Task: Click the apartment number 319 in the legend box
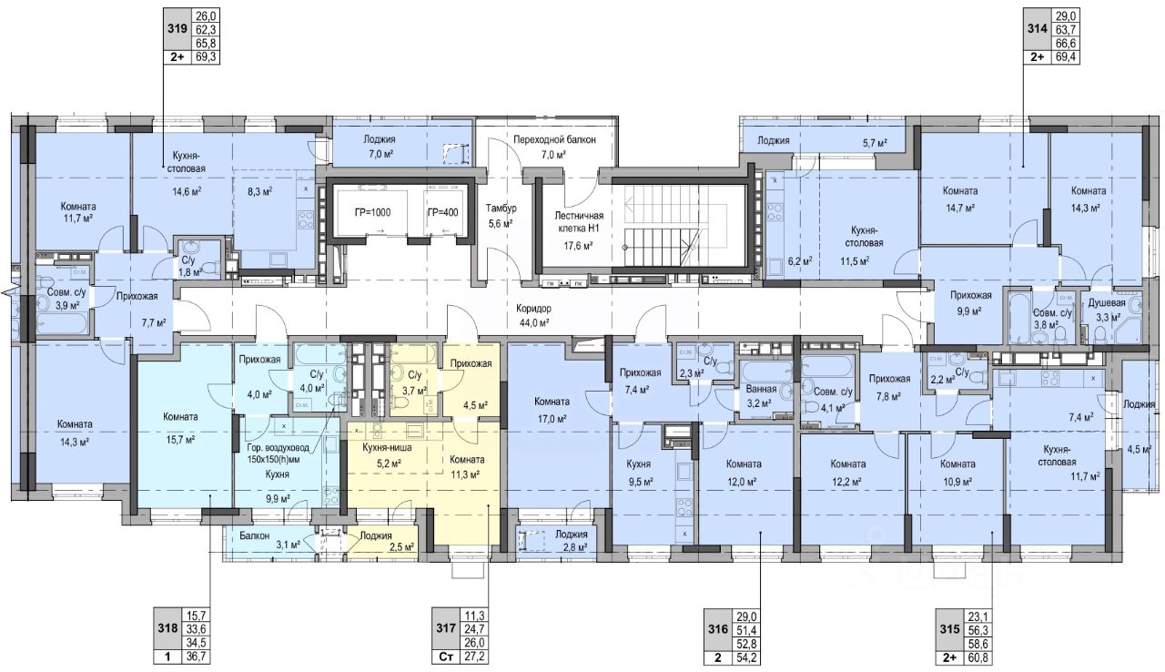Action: point(177,28)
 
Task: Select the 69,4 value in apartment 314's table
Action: point(1066,57)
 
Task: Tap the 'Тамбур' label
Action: point(501,209)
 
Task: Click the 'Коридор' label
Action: point(533,309)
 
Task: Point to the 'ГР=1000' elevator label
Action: point(373,213)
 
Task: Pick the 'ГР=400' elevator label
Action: point(442,213)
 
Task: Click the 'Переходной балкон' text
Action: point(554,139)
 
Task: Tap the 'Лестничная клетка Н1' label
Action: point(579,221)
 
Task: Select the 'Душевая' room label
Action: point(1107,302)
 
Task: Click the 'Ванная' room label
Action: point(761,389)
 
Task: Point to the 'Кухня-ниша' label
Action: point(387,447)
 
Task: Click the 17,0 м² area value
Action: point(552,418)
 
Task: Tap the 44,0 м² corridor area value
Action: point(534,322)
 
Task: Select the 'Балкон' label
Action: point(255,535)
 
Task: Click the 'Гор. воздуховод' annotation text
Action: point(278,448)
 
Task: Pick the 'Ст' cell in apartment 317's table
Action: point(446,657)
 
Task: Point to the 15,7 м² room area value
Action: point(179,440)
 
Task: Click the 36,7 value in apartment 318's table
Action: point(197,657)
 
